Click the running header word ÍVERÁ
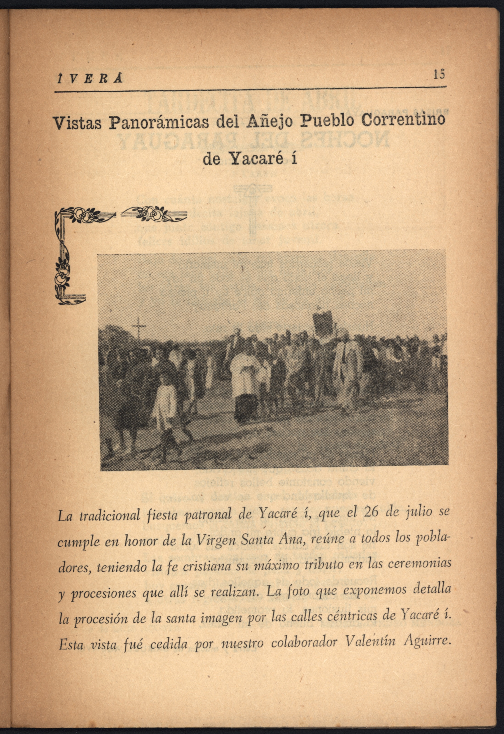pyautogui.click(x=89, y=79)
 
